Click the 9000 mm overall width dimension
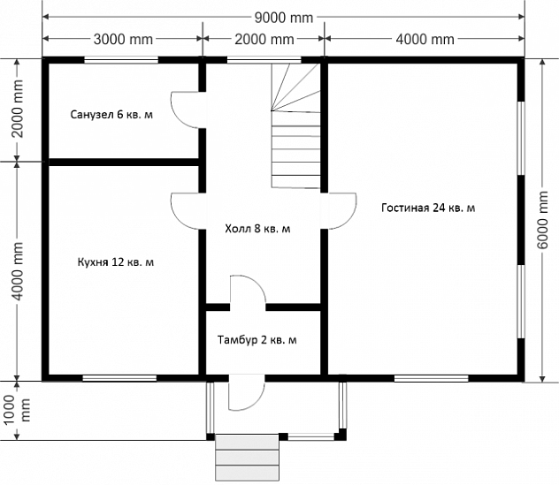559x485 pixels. pos(284,17)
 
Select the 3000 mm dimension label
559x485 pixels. pos(123,39)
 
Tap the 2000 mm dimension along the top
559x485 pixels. pos(264,39)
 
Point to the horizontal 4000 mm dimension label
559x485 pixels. pos(425,39)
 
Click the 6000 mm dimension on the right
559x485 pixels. pos(542,221)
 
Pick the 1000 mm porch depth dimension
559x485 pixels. pos(17,410)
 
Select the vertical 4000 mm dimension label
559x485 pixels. pos(17,271)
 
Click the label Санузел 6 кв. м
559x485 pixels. pos(111,115)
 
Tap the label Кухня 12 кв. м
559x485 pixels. pos(116,262)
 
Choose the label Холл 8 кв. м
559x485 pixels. pos(257,229)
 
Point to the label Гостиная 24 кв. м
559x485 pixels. pos(428,208)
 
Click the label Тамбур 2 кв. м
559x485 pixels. pos(257,340)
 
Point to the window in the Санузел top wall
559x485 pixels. pos(121,60)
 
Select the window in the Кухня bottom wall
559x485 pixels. pos(119,378)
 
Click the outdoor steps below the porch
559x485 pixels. pos(247,458)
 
